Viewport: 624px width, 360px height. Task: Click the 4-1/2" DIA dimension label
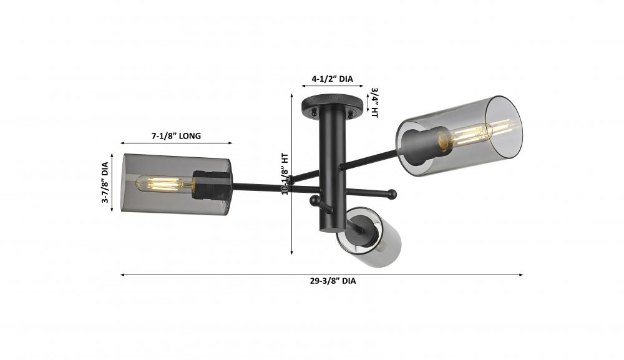332,79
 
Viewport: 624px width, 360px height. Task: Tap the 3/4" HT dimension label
374,102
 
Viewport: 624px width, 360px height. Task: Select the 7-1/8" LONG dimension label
176,136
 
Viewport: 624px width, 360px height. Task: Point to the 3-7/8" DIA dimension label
105,183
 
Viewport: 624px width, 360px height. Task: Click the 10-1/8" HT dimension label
285,174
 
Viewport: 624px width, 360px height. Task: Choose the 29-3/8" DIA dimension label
333,281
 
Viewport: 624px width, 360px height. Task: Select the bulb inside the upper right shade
474,134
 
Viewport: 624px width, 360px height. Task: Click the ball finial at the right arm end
392,194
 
